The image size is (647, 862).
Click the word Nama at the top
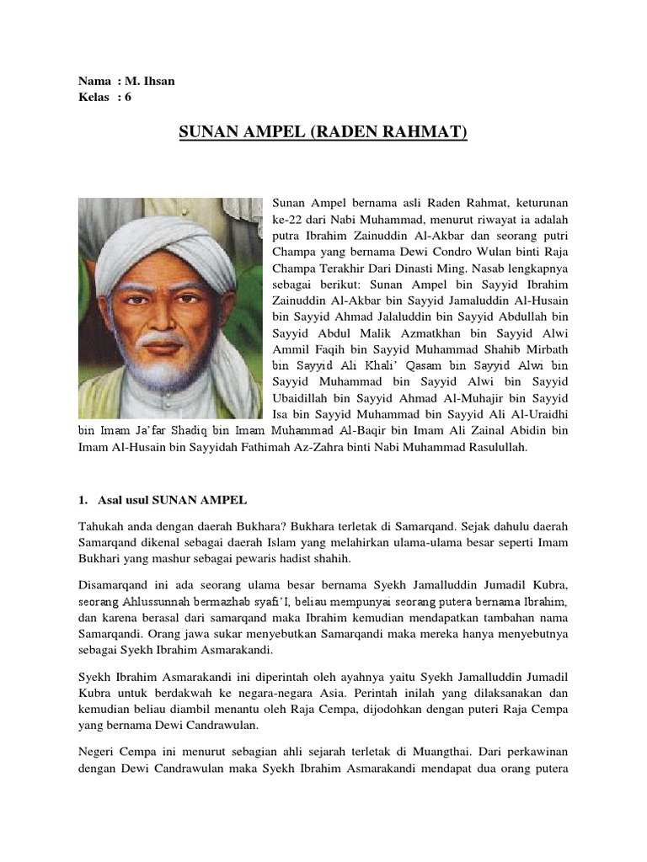click(94, 81)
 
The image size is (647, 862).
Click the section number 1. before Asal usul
click(83, 502)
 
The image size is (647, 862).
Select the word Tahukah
click(101, 526)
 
